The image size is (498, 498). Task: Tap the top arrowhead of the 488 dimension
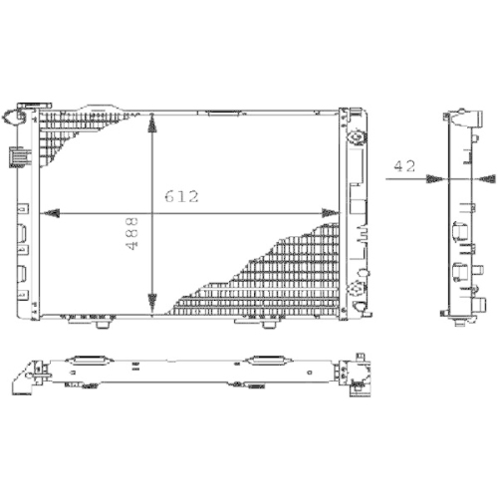click(x=151, y=123)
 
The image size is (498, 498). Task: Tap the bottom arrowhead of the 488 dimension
click(x=151, y=303)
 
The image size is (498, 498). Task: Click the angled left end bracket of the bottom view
click(x=30, y=376)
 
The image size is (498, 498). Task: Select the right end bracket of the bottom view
click(x=356, y=373)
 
